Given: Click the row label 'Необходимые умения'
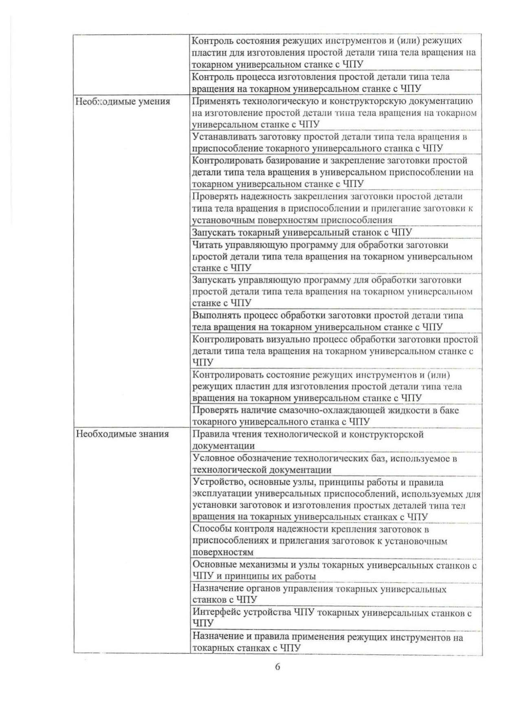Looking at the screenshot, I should [x=123, y=101].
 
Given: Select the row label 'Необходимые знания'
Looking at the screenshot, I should [x=122, y=434].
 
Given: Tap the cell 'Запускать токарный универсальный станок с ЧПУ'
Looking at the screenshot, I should [x=302, y=232].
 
